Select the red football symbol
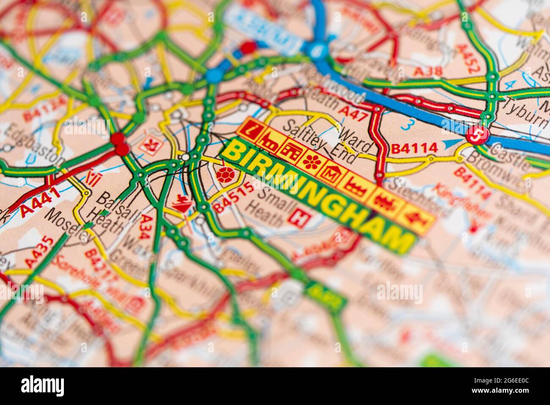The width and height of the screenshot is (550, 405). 225,174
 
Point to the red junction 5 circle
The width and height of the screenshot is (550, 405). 477,136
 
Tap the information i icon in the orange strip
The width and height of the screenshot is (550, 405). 252,127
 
